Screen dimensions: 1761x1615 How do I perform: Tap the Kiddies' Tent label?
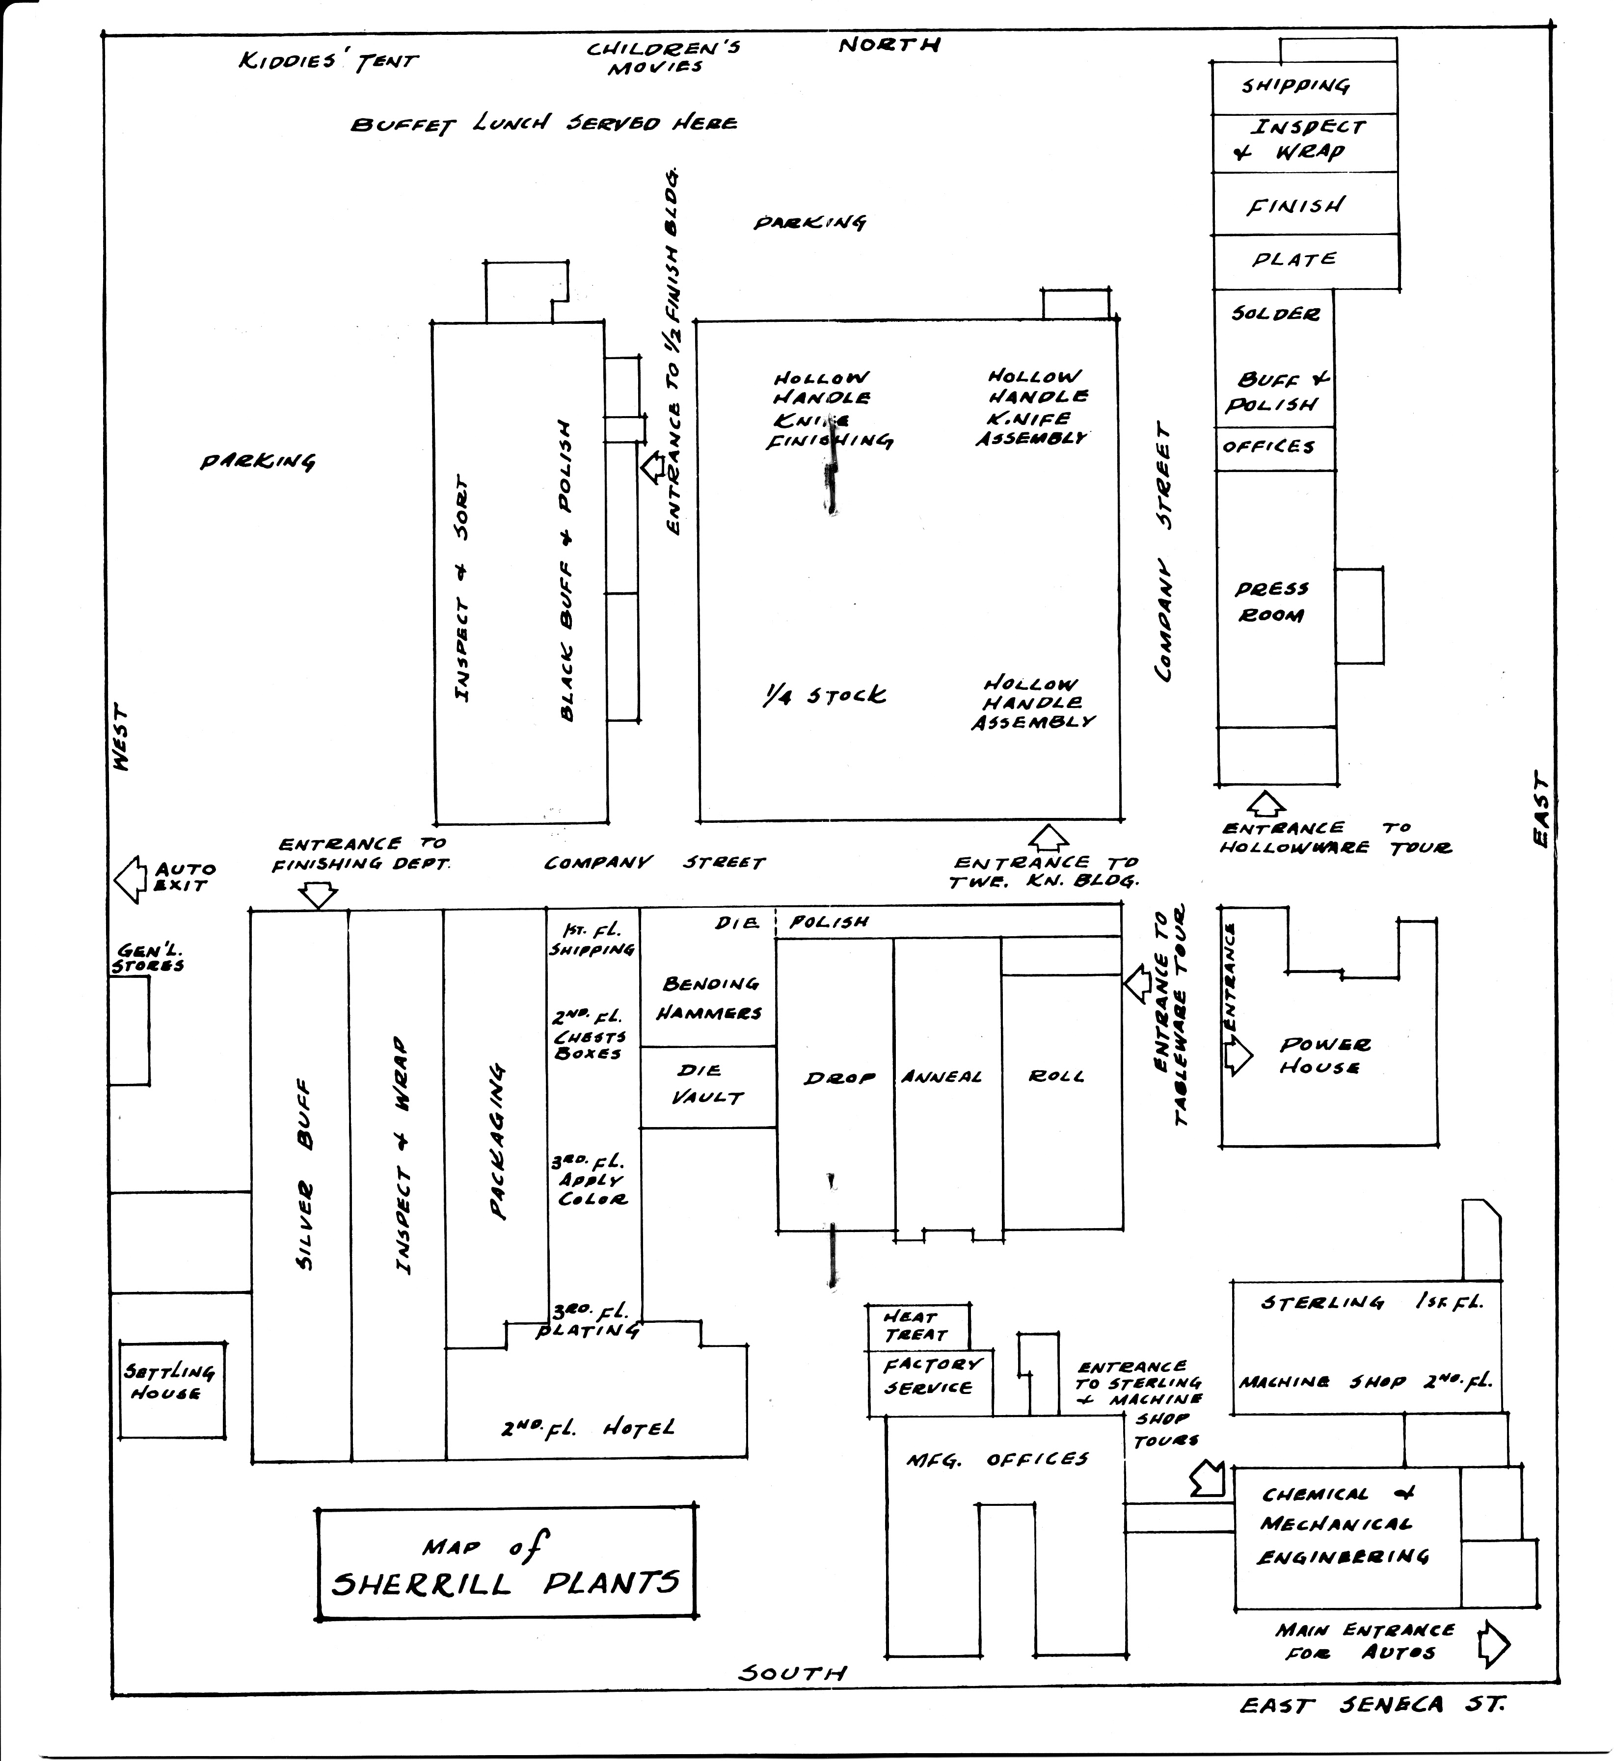pyautogui.click(x=328, y=61)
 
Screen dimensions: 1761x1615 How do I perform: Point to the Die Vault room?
pyautogui.click(x=708, y=1086)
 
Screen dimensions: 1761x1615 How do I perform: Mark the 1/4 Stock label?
pyautogui.click(x=823, y=695)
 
